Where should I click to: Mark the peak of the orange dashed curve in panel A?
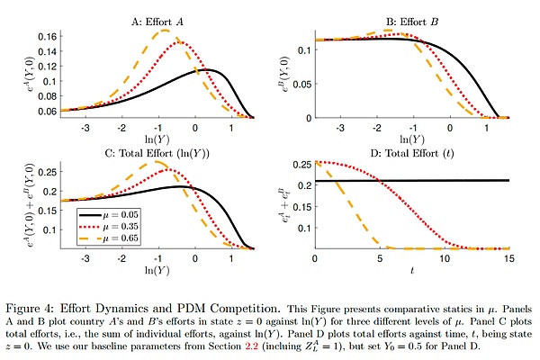click(164, 31)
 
